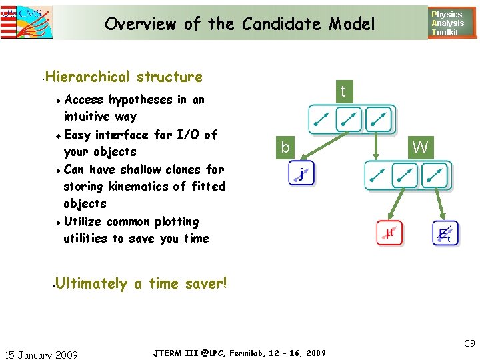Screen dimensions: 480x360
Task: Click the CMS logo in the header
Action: [27, 21]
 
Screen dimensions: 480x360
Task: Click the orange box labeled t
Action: [343, 91]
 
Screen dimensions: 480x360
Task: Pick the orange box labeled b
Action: [285, 147]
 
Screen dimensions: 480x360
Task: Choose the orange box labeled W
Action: [420, 147]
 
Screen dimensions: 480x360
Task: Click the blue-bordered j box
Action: [302, 175]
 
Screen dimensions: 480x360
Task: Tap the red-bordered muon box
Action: [389, 233]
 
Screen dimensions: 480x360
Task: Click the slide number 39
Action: [470, 343]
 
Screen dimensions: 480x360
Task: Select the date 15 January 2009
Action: [41, 355]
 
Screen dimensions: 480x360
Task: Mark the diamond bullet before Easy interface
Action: [59, 135]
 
